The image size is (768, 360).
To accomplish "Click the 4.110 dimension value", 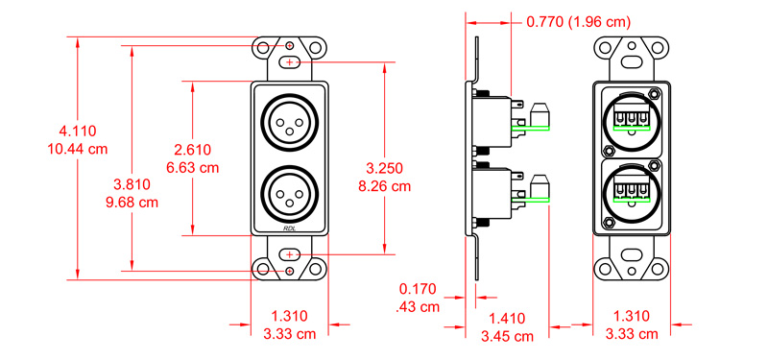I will click(78, 131).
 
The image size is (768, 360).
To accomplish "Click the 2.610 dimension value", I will click(193, 150).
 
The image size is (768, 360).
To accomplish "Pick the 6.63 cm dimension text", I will click(193, 167).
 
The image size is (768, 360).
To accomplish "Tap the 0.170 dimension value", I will click(419, 288).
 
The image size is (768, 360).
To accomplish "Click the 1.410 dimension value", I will click(509, 318).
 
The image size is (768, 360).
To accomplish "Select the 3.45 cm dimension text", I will click(509, 336).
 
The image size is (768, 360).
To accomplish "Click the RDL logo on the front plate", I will click(290, 228).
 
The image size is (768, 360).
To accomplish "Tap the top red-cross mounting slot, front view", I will click(290, 62).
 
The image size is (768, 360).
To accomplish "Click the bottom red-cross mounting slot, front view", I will click(290, 253).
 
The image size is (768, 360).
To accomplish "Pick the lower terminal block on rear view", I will click(631, 188).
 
